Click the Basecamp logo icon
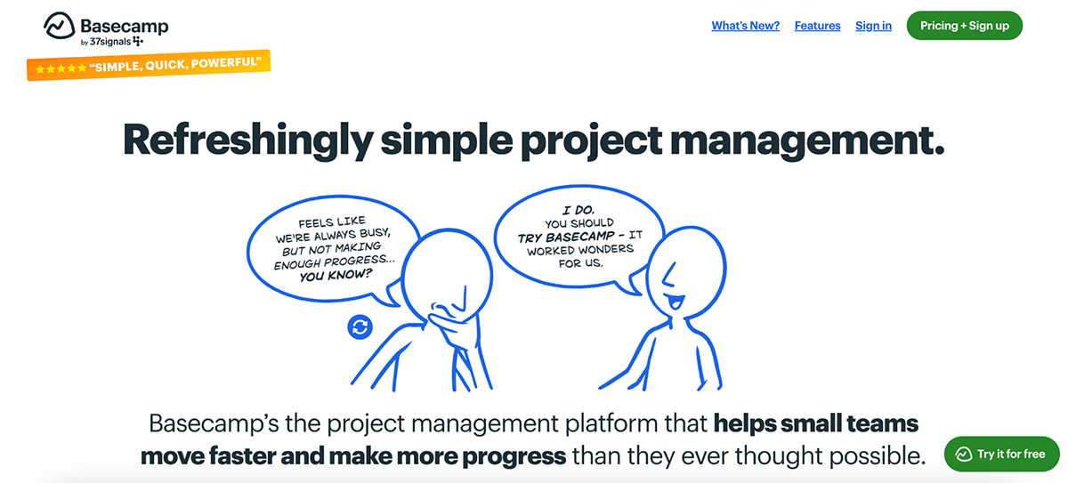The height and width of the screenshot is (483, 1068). point(59,25)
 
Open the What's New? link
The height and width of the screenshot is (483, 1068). point(745,26)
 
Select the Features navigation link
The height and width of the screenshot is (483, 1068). point(817,26)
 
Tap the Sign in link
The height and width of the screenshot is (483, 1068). point(873,26)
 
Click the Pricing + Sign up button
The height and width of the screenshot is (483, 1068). point(964,26)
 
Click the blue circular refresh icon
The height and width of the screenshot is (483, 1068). point(360,326)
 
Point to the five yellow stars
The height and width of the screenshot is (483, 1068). point(61,69)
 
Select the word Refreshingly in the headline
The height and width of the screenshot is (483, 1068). point(248,140)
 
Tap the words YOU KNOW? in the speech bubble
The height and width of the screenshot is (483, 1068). point(336,275)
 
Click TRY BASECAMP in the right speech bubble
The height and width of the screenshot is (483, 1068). point(566,237)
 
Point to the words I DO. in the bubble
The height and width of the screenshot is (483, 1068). point(578,210)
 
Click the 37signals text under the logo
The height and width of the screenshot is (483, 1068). point(110,42)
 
